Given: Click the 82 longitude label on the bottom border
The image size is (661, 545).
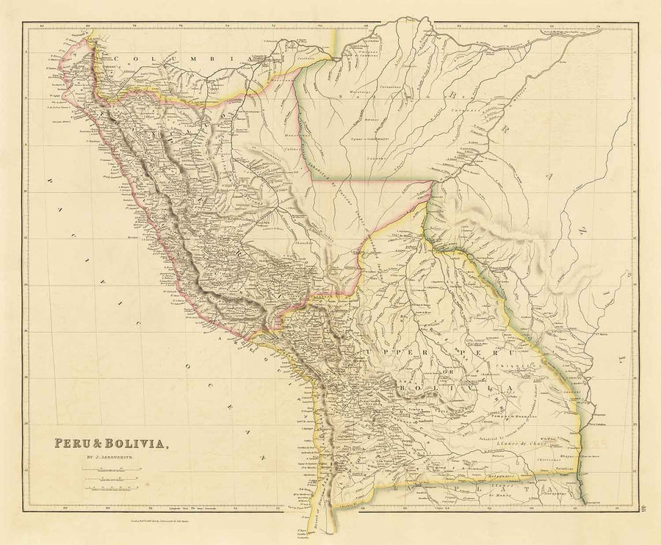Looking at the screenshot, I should click(65, 506).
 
